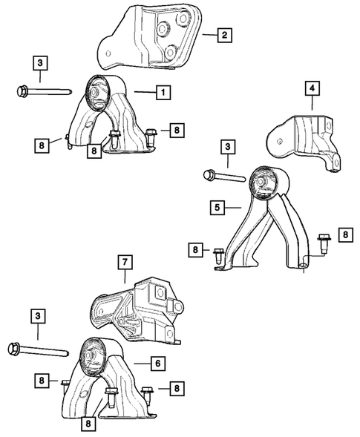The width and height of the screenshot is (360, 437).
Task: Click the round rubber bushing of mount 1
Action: tap(99, 92)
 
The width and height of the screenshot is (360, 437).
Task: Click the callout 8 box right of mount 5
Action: tap(345, 235)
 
